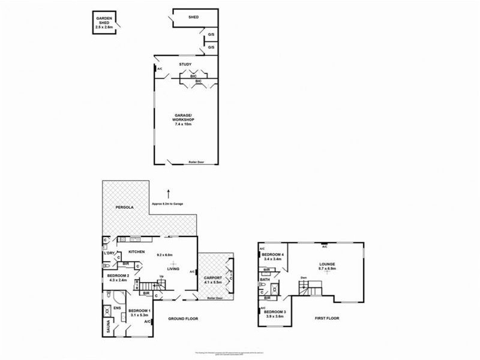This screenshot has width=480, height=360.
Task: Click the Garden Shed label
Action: pos(104,22)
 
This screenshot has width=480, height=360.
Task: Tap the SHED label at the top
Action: pos(193,17)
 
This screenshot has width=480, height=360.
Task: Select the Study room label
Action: pos(185,64)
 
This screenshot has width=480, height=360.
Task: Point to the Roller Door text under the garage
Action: pos(196,162)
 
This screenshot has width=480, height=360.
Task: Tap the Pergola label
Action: pos(124,208)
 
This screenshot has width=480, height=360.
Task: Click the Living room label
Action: pos(173,269)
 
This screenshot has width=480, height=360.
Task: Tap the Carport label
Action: pos(213,278)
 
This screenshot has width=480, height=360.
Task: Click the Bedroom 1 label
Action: pos(139,310)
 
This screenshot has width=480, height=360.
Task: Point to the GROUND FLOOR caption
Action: pos(183,319)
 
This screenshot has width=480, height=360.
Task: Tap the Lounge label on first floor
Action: pos(327,264)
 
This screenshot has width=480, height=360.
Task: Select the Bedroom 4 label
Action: pos(273,255)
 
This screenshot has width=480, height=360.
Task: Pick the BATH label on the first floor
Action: pos(265,280)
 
